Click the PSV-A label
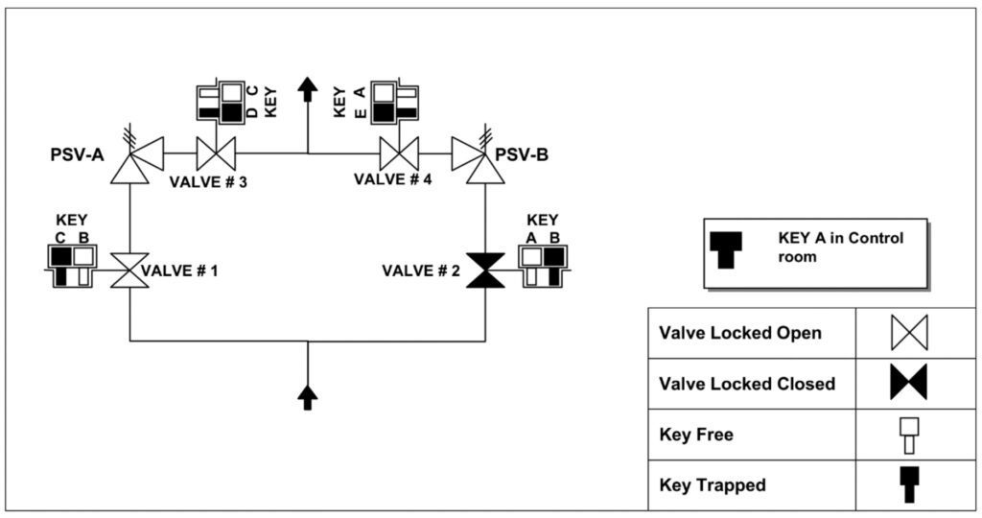[x=77, y=153]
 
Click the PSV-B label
[x=522, y=153]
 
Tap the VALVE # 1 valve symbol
[x=130, y=271]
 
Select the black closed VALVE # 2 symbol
[x=485, y=271]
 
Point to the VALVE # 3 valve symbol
[x=216, y=153]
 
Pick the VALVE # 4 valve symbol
[x=399, y=153]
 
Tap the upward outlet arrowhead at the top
[x=308, y=88]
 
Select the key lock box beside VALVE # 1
[x=73, y=265]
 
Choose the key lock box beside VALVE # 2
[x=543, y=265]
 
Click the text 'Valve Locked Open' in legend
[x=739, y=334]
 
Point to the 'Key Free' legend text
[x=696, y=435]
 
